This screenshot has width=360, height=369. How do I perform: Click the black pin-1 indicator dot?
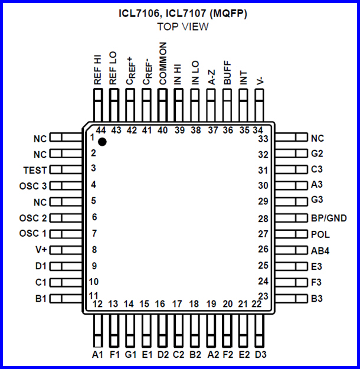click(x=102, y=142)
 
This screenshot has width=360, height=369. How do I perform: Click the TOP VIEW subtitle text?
click(x=182, y=27)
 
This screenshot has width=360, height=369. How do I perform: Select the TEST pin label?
click(x=35, y=169)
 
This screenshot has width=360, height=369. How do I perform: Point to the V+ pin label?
click(x=40, y=250)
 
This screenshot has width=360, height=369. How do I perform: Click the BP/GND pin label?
click(x=328, y=218)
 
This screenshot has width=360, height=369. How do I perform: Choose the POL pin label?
click(x=320, y=234)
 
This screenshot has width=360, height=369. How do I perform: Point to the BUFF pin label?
click(x=227, y=74)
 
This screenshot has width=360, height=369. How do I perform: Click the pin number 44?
click(x=100, y=130)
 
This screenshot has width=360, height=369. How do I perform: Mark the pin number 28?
click(x=263, y=218)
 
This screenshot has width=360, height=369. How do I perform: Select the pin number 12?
click(x=98, y=305)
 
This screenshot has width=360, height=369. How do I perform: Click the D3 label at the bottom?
click(x=260, y=354)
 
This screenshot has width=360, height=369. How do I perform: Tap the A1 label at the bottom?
click(x=98, y=354)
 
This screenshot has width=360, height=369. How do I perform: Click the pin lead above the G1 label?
click(x=130, y=331)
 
